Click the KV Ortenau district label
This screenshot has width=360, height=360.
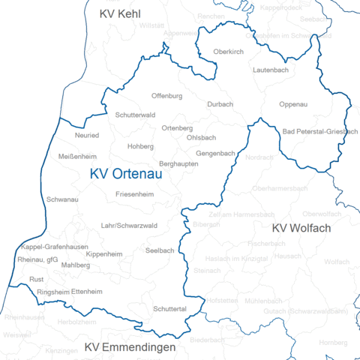point(126,174)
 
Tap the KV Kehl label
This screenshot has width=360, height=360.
point(120,13)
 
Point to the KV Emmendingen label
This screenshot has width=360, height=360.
point(130,347)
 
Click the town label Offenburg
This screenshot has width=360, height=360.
point(167,97)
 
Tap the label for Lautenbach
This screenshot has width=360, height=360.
point(270,69)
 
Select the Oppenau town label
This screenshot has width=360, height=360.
point(292,104)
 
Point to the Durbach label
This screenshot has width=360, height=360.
point(220,104)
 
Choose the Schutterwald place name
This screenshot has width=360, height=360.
point(135,115)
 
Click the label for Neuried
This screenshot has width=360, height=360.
point(87,136)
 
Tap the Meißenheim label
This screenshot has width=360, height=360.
point(76,156)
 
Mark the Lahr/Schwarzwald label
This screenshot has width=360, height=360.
point(129,225)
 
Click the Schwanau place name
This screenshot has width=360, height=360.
point(63,200)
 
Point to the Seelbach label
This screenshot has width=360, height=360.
point(160,250)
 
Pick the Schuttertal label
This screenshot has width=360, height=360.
point(170,308)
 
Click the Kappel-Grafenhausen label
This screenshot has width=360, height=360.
point(51,247)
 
